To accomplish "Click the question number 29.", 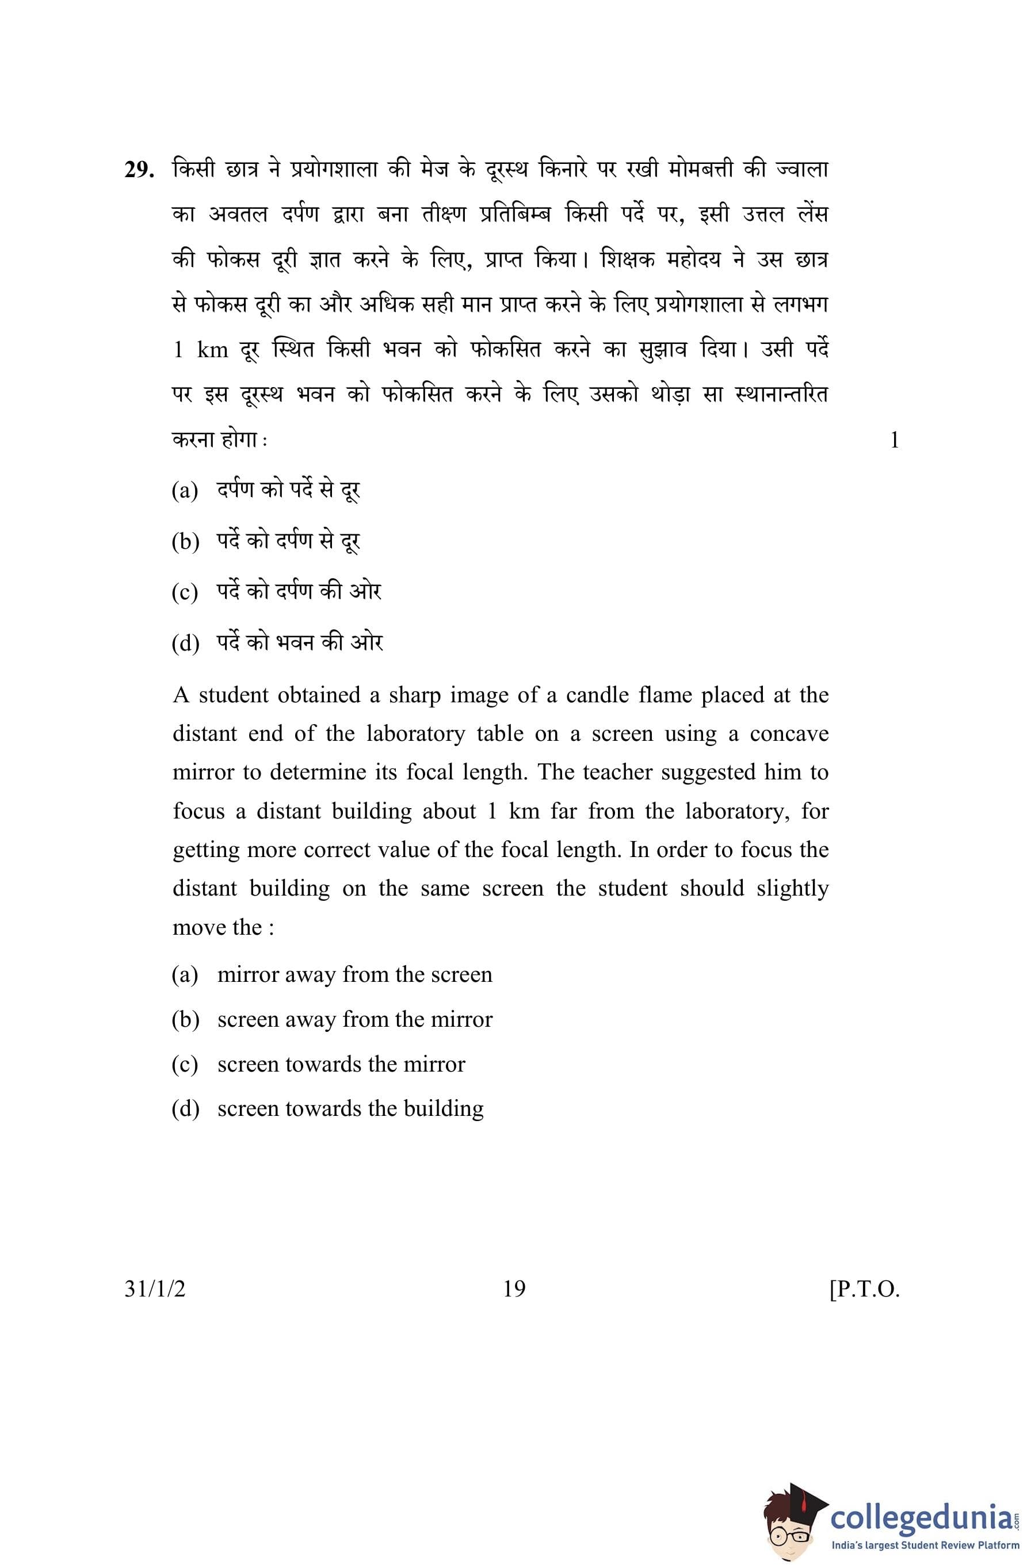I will coord(139,171).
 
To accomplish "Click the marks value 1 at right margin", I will coord(894,439).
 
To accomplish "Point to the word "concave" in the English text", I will coord(789,734).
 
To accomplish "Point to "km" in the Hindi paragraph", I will coord(212,350).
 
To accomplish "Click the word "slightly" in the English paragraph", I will coord(792,889).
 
